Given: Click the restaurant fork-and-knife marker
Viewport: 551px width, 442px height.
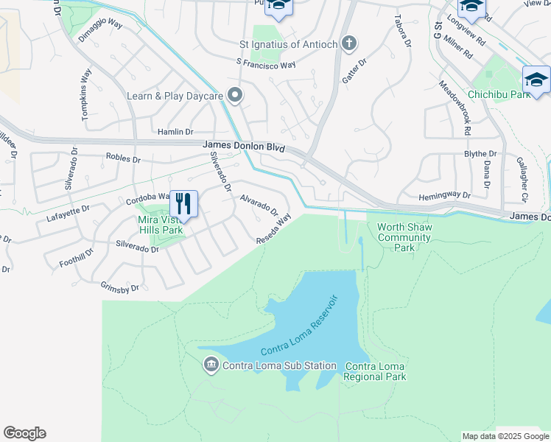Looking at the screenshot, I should pyautogui.click(x=183, y=204).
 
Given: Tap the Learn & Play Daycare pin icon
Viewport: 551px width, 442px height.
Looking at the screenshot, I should pyautogui.click(x=235, y=96).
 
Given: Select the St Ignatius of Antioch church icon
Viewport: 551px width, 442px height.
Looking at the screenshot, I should pyautogui.click(x=349, y=44).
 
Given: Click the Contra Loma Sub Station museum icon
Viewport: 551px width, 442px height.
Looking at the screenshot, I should pyautogui.click(x=210, y=365).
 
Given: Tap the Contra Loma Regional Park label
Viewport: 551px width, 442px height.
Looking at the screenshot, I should pyautogui.click(x=375, y=372).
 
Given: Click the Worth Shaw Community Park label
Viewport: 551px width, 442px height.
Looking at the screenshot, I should pyautogui.click(x=404, y=237).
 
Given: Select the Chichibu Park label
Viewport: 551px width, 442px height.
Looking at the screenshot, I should pyautogui.click(x=499, y=95).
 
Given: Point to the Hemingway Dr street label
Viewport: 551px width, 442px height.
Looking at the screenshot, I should pyautogui.click(x=444, y=195).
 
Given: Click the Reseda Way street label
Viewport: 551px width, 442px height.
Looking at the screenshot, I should pyautogui.click(x=273, y=228).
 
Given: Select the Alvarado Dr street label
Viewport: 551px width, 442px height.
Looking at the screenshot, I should pyautogui.click(x=259, y=206).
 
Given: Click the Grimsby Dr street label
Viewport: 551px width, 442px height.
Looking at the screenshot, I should pyautogui.click(x=119, y=287).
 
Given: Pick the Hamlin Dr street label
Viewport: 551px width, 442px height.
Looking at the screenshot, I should pyautogui.click(x=175, y=132).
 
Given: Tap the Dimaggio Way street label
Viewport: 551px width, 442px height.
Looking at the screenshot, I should pyautogui.click(x=100, y=33).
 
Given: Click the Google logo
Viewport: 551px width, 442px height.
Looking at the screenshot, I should pyautogui.click(x=24, y=433).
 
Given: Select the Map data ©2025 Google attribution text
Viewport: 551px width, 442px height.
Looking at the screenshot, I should pyautogui.click(x=505, y=436).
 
